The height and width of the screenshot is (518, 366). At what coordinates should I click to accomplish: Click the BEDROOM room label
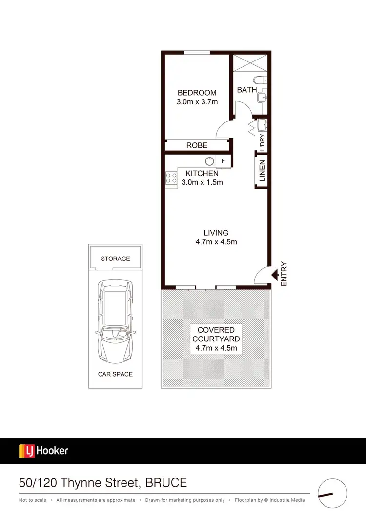tap(197, 93)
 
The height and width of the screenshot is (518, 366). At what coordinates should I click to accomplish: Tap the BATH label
tap(247, 90)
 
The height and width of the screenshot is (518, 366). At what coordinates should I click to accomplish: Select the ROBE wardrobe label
tap(197, 145)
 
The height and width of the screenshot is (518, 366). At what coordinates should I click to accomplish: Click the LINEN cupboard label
tap(262, 171)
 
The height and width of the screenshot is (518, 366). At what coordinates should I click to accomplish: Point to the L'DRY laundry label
tap(262, 141)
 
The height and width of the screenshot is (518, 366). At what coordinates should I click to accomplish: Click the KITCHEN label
tap(202, 173)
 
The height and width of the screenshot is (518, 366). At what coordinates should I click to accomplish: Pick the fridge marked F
tap(224, 161)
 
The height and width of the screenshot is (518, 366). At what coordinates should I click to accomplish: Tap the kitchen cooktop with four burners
tap(171, 178)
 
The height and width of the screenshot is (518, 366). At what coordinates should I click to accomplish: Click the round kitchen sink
tap(209, 161)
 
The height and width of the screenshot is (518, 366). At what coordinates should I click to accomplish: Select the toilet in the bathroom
tap(259, 80)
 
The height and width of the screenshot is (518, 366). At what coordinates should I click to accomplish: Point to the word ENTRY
tap(285, 274)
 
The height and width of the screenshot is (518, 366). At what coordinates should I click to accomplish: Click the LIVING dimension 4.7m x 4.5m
tap(216, 242)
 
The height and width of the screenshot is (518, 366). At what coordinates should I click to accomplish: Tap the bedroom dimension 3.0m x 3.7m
tap(197, 102)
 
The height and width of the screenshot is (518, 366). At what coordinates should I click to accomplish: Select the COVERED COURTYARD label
tap(216, 335)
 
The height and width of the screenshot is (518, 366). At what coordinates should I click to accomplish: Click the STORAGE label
tap(115, 259)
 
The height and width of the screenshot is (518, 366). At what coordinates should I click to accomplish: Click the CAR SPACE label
tap(115, 374)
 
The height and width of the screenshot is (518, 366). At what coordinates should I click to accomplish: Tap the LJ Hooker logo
tap(43, 451)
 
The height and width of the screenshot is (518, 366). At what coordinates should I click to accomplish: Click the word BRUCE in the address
tap(166, 483)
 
